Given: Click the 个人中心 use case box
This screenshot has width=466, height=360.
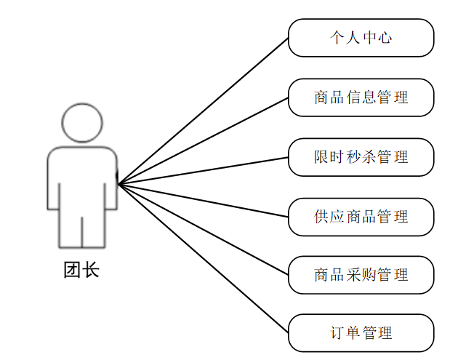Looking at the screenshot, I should tap(361, 38).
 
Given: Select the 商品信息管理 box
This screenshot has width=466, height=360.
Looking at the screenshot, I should tap(361, 97).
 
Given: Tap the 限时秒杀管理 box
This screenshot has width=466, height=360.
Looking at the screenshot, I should tap(361, 157).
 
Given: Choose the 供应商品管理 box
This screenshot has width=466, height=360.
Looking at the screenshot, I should tap(361, 217).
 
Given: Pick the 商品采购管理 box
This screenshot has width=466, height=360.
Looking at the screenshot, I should tap(361, 275).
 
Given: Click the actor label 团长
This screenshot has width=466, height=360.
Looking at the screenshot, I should tap(81, 271).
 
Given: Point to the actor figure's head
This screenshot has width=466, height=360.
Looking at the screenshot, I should tap(81, 123).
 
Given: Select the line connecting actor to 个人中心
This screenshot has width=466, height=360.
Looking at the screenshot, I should tap(204, 110).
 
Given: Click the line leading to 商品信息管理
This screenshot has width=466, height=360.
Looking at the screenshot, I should tap(204, 140).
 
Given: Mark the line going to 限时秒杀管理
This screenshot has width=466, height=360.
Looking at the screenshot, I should tap(204, 169).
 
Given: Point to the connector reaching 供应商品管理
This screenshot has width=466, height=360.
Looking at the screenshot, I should tap(204, 200).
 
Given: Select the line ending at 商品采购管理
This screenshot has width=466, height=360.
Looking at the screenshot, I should tap(204, 229).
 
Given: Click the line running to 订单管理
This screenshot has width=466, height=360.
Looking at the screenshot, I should tap(204, 259).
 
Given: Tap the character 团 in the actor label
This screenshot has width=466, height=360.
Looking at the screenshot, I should tap(73, 271).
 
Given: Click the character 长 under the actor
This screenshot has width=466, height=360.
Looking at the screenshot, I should tap(90, 271).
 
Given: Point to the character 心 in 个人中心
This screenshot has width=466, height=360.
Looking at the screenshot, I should tap(385, 38).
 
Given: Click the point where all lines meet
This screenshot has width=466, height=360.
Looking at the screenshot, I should tap(118, 184).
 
